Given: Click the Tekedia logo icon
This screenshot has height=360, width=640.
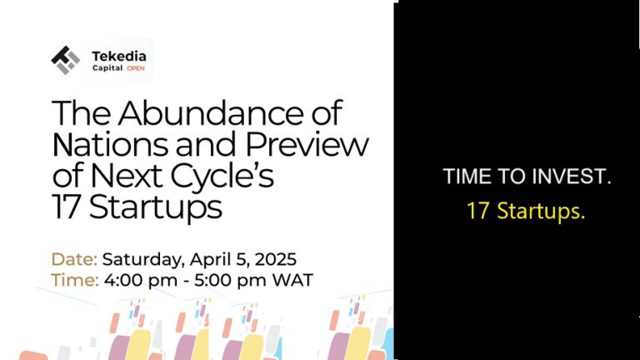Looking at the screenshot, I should [65, 60].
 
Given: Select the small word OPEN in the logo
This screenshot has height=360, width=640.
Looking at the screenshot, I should [136, 69].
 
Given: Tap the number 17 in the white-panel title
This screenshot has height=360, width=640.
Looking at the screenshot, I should [66, 207].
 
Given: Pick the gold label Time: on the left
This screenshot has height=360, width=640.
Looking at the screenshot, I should [76, 279].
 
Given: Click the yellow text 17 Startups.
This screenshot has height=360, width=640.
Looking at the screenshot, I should [526, 212].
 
